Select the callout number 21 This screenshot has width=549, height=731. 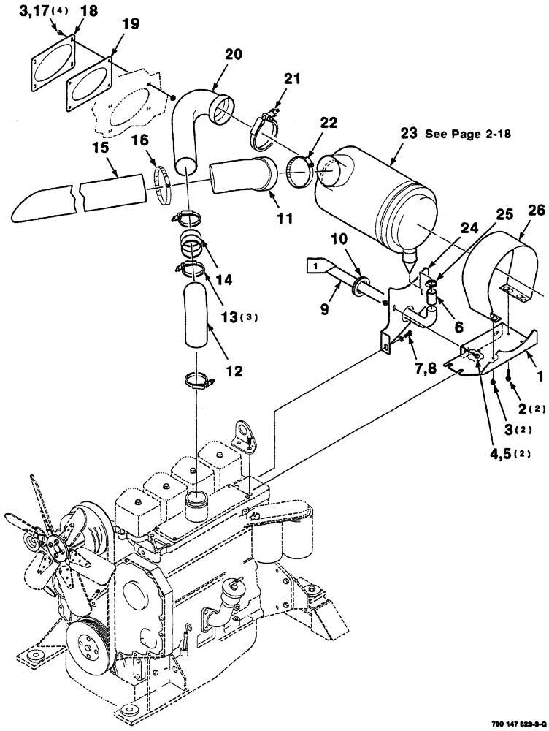click(292, 80)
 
